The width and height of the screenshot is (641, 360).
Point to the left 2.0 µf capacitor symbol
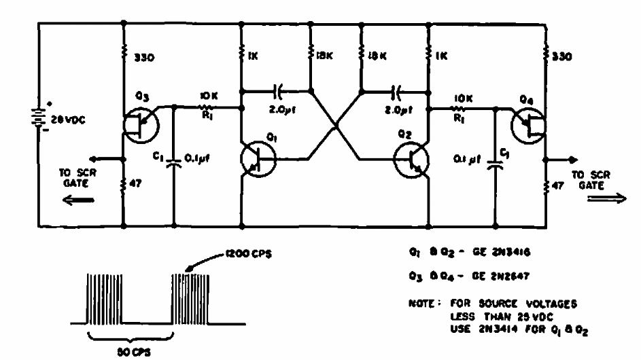277,88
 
